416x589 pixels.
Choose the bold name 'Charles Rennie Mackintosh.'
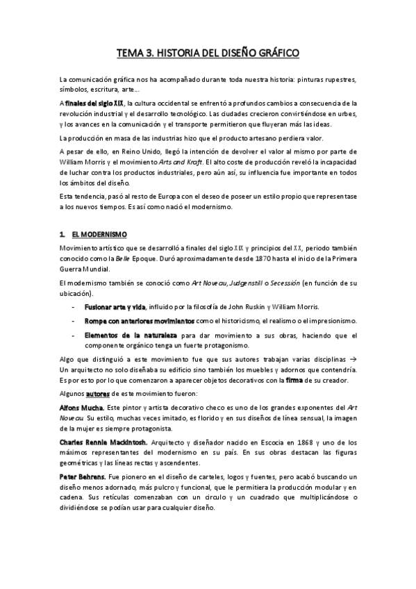(x=103, y=441)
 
